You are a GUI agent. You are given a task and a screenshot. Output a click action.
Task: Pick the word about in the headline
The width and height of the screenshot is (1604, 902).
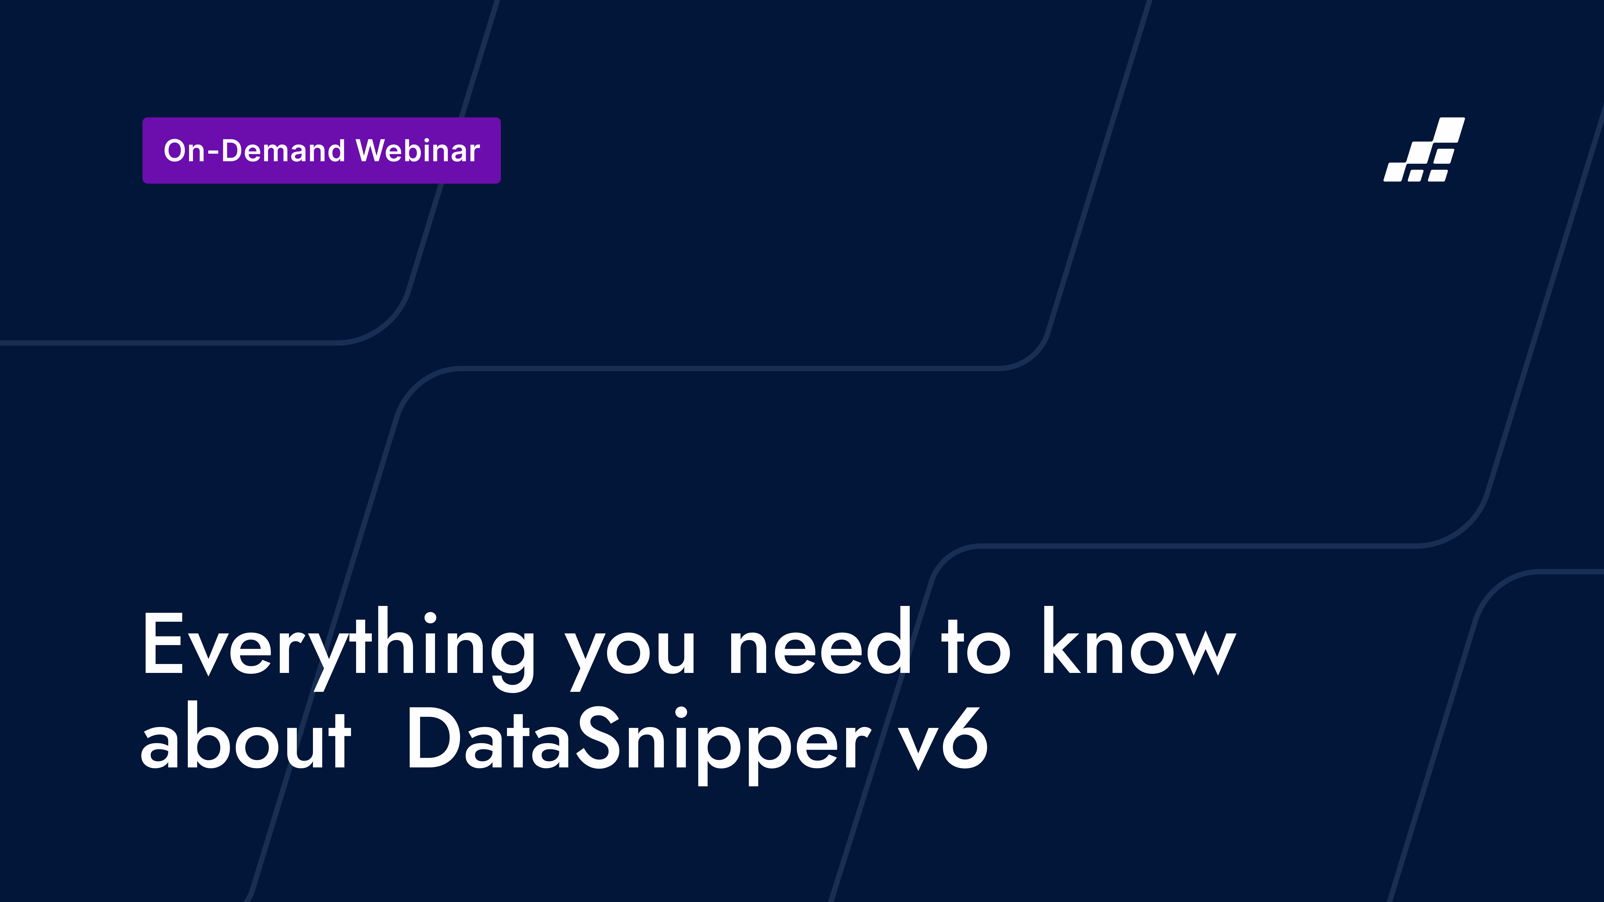coord(246,738)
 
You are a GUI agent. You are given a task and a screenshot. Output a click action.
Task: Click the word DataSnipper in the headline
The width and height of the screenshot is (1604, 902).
coord(638,741)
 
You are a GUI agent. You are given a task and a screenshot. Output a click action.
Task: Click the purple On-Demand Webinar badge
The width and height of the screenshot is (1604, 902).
coord(321,151)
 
